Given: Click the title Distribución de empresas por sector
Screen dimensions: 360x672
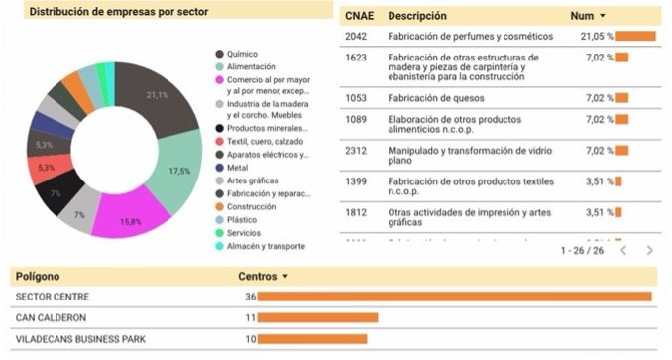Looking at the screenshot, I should click(111, 12).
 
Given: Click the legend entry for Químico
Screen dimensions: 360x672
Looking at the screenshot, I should click(245, 54).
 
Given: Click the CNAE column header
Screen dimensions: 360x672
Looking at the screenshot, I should click(356, 16).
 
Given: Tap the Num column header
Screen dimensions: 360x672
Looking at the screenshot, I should click(582, 16).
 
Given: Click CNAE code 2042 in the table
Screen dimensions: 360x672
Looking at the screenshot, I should click(356, 37).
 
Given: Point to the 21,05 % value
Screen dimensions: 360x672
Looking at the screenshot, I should click(597, 37).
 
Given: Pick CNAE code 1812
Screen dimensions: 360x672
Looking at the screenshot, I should click(356, 212).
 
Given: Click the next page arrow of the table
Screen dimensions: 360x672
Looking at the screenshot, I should click(649, 251).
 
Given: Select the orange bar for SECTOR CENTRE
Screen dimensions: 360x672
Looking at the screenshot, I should click(455, 297).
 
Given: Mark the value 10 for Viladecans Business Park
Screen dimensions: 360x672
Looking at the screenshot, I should click(251, 339).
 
